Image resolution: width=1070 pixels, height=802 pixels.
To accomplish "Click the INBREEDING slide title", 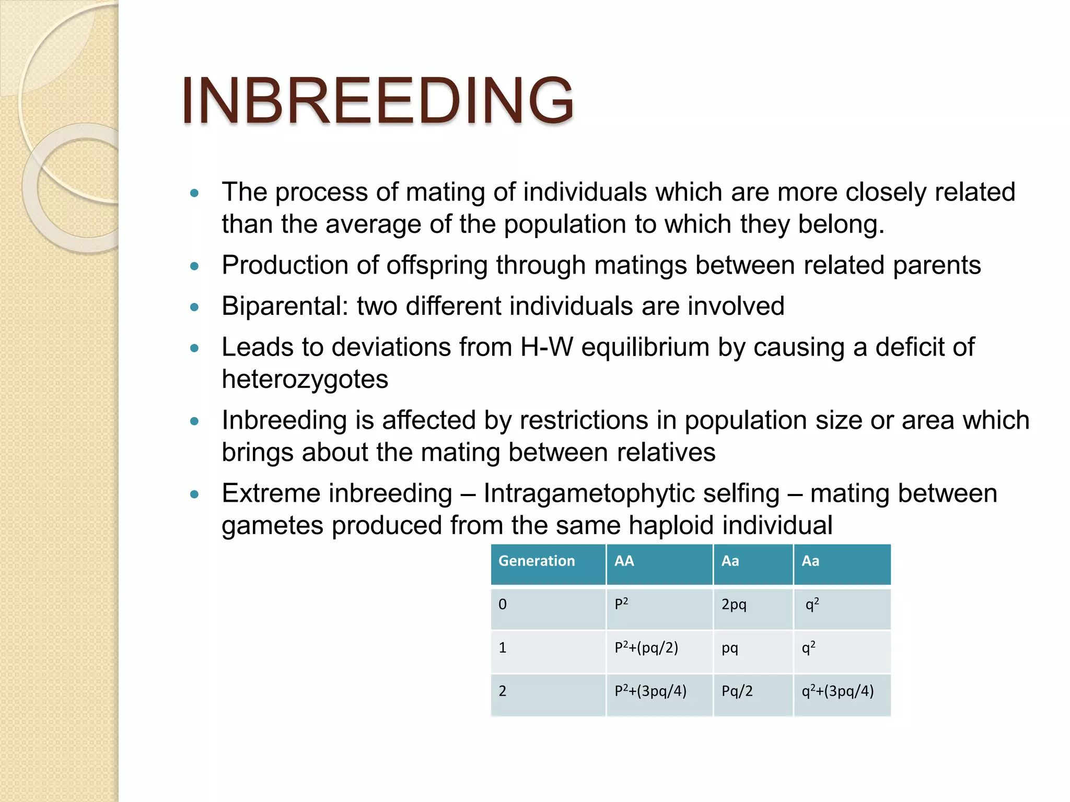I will click(x=377, y=100).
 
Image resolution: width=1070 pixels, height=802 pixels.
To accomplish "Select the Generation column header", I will click(x=537, y=561).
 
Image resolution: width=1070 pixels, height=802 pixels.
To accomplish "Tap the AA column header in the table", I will click(x=624, y=561).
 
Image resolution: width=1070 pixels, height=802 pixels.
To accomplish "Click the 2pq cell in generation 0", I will click(x=734, y=605).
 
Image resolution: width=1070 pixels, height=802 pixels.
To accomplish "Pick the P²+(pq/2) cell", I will click(x=646, y=648).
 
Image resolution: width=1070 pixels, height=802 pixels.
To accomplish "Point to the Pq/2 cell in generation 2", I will click(x=737, y=691).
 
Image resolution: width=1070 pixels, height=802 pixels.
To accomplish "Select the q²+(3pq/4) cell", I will click(x=838, y=691).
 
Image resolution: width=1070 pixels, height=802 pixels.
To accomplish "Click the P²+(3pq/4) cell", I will click(x=650, y=691).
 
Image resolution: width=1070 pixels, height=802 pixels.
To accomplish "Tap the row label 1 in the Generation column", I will click(x=503, y=648).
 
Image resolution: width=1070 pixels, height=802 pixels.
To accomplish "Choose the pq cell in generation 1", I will click(x=730, y=648).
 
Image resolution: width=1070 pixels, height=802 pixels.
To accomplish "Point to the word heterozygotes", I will click(x=305, y=380).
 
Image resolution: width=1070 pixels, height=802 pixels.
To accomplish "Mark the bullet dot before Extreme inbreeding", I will click(x=195, y=494).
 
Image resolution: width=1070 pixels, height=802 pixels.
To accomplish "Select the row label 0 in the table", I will click(x=503, y=605).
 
